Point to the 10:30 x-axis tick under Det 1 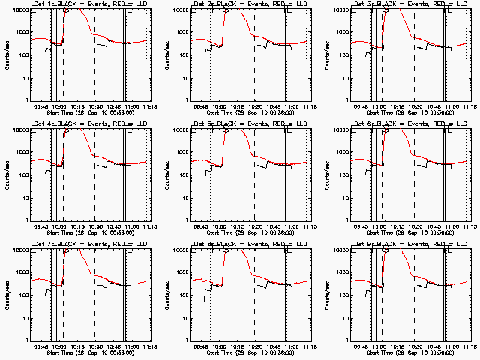pos(96,106)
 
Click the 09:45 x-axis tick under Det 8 pos(202,346)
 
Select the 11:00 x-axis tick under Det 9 pos(447,346)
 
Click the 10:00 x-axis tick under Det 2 pos(219,106)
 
